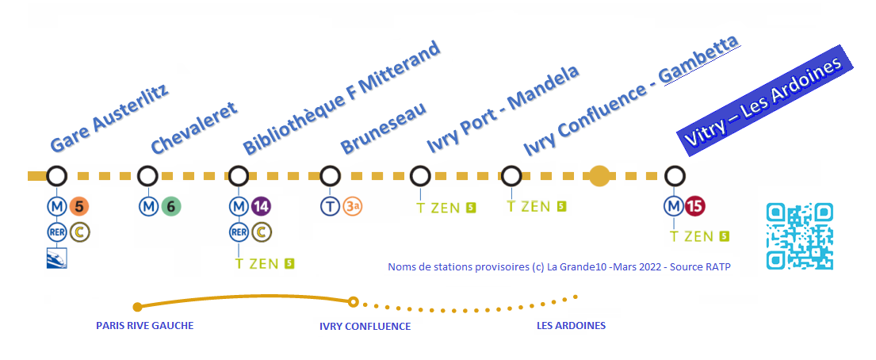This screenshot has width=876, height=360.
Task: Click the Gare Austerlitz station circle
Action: pyautogui.click(x=56, y=176)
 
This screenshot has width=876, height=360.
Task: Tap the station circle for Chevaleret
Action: pyautogui.click(x=147, y=176)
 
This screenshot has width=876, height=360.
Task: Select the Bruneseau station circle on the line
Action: pyautogui.click(x=330, y=176)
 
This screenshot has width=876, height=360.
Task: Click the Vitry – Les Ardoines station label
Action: pyautogui.click(x=763, y=101)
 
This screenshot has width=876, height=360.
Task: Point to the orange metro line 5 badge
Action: pyautogui.click(x=79, y=206)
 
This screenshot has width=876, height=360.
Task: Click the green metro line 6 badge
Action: pyautogui.click(x=171, y=206)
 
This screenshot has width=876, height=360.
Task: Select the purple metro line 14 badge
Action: pyautogui.click(x=262, y=206)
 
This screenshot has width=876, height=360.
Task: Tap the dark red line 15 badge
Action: pyautogui.click(x=694, y=206)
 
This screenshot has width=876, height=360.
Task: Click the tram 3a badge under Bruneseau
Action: pyautogui.click(x=353, y=206)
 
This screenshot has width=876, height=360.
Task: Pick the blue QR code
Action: pyautogui.click(x=799, y=236)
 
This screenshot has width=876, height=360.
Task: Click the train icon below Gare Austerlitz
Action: pyautogui.click(x=56, y=258)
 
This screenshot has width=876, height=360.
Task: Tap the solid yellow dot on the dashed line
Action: pyautogui.click(x=599, y=176)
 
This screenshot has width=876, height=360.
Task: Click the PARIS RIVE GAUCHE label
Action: pyautogui.click(x=145, y=325)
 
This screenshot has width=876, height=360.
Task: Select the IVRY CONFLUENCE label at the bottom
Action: pyautogui.click(x=365, y=327)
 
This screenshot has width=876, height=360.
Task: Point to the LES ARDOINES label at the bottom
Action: pyautogui.click(x=571, y=325)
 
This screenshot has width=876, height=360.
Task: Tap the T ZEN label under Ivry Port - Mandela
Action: pyautogui.click(x=438, y=208)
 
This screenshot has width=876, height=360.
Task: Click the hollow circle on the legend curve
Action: pyautogui.click(x=353, y=302)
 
